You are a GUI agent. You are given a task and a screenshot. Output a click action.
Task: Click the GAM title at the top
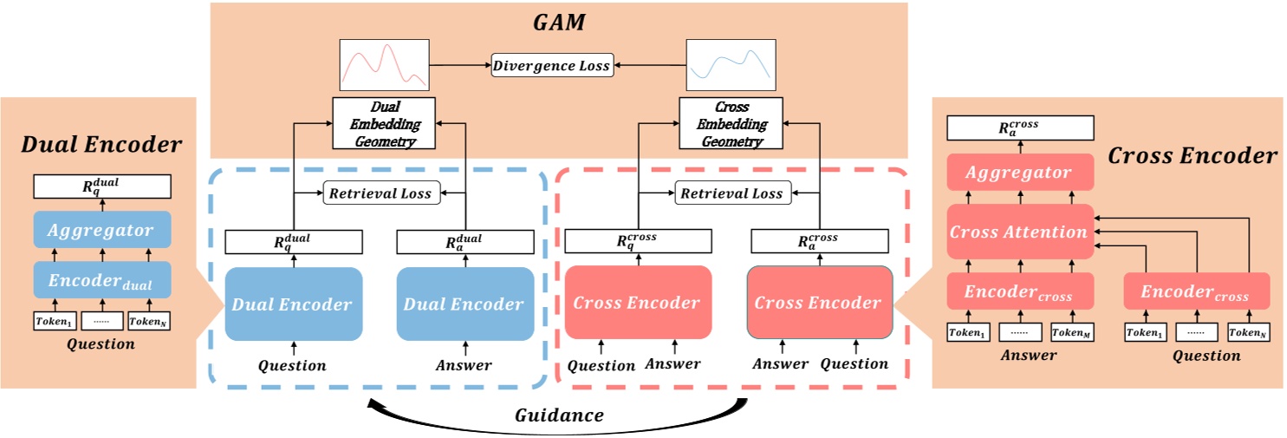coord(559,23)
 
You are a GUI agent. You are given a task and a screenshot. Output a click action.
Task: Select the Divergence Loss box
coord(553,65)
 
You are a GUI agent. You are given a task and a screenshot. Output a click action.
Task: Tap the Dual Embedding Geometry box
coord(383,124)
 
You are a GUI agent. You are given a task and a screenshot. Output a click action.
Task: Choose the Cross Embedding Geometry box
coord(728,124)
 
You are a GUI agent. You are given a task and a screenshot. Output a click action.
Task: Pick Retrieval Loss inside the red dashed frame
coord(731,193)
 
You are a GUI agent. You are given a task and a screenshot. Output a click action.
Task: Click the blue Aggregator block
coord(102,230)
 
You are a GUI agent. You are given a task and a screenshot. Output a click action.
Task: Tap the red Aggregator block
coord(1018,173)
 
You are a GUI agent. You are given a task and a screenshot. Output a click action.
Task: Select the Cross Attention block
coord(1018,232)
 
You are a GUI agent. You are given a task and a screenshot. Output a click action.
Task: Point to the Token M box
coord(1072,332)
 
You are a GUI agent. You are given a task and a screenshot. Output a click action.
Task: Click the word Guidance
coord(559,415)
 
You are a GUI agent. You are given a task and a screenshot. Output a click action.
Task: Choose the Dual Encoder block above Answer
coord(465,304)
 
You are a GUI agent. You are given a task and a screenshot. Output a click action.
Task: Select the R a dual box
coord(465,242)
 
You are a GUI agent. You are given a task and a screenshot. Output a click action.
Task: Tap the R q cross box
coord(638,242)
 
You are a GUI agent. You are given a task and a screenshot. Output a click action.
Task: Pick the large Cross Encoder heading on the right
coord(1192,156)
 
